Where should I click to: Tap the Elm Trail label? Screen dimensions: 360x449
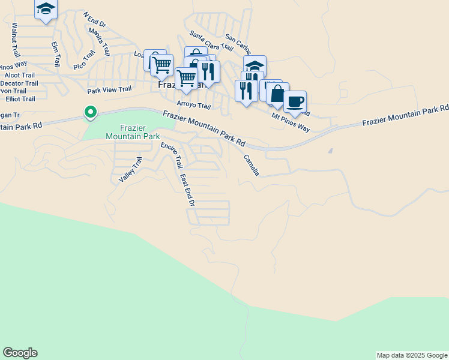tap(56, 53)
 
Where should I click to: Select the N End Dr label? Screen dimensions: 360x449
tap(94, 20)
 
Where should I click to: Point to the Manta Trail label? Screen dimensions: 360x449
tap(99, 41)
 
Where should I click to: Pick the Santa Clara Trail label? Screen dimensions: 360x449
tap(211, 40)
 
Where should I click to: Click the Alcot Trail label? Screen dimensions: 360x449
tap(19, 75)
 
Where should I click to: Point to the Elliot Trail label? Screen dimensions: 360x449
tap(20, 99)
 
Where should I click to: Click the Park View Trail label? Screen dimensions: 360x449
tap(109, 90)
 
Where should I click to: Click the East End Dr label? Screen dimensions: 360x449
tap(187, 190)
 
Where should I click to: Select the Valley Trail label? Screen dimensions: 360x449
tap(130, 170)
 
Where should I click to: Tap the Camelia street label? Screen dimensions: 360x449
tap(252, 165)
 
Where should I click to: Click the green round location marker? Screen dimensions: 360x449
tap(90, 112)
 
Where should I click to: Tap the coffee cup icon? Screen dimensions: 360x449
tap(294, 101)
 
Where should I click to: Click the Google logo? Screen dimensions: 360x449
tap(20, 353)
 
